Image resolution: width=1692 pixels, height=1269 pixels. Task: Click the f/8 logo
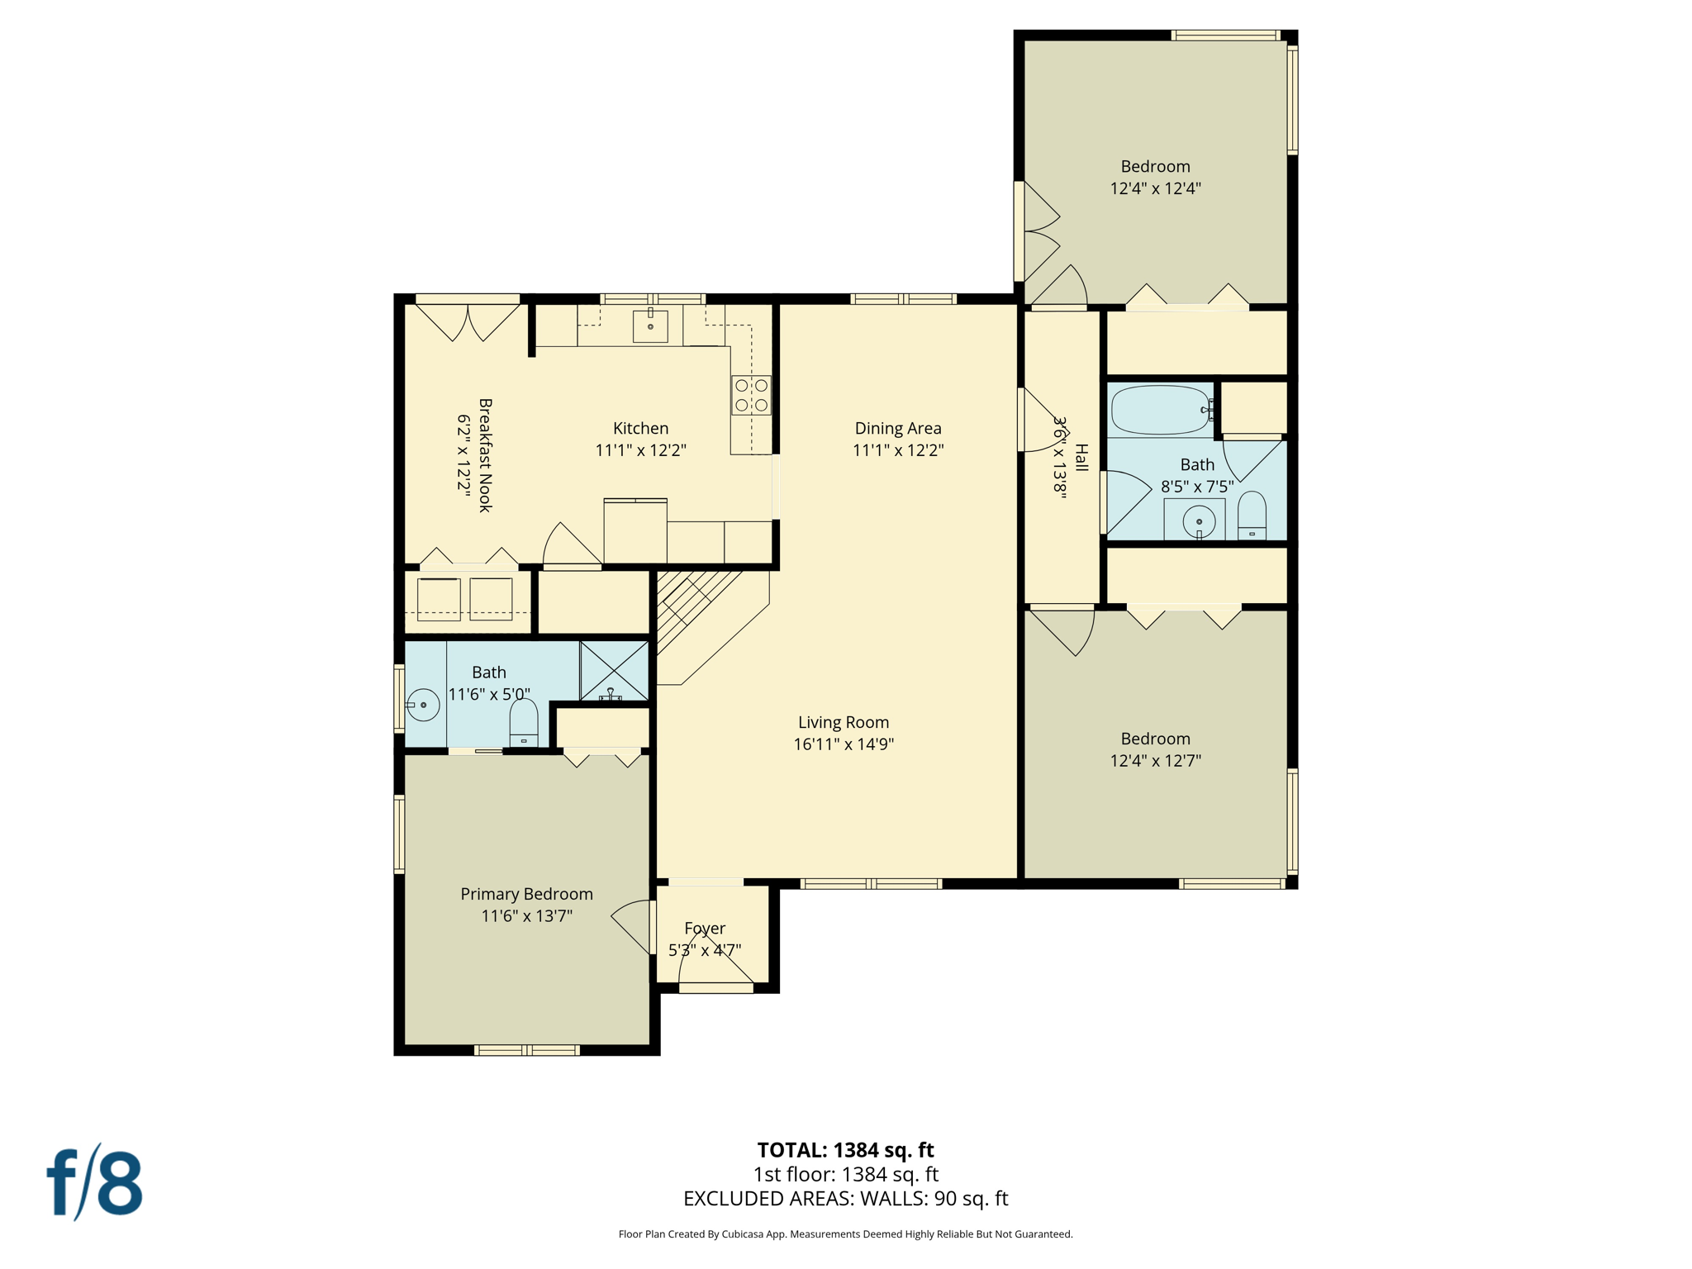tap(95, 1182)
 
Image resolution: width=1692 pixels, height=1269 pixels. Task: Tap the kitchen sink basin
tap(650, 326)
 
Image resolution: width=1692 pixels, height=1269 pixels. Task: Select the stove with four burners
tap(751, 395)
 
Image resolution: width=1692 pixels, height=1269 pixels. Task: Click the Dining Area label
tap(897, 428)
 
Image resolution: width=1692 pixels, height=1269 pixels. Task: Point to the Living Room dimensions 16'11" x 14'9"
tap(844, 744)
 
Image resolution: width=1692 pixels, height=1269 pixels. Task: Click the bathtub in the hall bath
tap(1160, 410)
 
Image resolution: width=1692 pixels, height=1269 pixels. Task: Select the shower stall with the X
tap(614, 670)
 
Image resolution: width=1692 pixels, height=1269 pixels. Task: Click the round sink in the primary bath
tap(423, 705)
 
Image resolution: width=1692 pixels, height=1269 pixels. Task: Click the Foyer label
tap(705, 928)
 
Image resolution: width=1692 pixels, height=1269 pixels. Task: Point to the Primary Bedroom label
tap(526, 894)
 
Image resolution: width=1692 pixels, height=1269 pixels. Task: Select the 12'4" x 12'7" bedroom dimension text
tap(1155, 760)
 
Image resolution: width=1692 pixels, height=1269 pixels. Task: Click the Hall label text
tap(1081, 458)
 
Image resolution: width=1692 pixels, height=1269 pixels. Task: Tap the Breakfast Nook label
tap(486, 455)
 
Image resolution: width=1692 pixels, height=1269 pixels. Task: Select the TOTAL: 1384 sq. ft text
tap(845, 1149)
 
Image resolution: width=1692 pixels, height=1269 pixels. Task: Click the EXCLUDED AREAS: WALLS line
tap(845, 1198)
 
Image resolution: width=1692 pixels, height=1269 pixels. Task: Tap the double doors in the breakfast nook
tap(468, 323)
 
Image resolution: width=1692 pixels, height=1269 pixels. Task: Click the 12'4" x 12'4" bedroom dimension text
tap(1155, 188)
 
